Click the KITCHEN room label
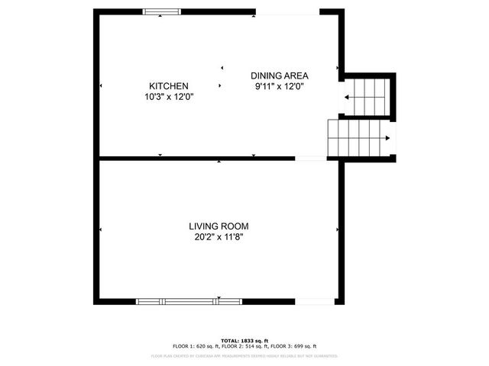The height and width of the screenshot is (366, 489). (169, 86)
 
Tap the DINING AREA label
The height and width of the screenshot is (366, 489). (280, 75)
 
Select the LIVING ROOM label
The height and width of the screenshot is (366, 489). (219, 226)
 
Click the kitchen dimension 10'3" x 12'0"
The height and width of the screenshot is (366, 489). (169, 97)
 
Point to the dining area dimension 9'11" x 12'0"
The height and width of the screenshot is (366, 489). (280, 86)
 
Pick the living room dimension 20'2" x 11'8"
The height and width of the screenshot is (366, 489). (219, 237)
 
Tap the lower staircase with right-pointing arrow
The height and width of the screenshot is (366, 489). (359, 138)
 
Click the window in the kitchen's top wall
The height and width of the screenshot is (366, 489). (163, 11)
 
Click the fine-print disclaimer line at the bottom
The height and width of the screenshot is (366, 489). (244, 355)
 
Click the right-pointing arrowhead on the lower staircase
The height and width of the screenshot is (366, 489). (388, 138)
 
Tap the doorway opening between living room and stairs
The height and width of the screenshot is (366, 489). (310, 158)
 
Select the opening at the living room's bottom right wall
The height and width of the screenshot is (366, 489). (315, 300)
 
